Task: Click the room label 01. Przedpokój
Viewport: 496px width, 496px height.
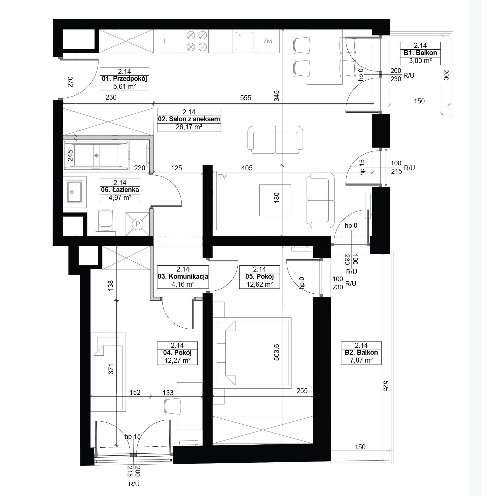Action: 124,79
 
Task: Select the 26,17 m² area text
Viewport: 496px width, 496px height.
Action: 189,127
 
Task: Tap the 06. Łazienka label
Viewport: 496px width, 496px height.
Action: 120,190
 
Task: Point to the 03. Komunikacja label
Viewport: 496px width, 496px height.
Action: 183,277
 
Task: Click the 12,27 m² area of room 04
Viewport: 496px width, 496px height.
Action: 177,360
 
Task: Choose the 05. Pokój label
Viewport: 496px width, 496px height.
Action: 260,277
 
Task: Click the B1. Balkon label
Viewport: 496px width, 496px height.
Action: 420,53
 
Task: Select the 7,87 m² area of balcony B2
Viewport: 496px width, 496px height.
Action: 361,360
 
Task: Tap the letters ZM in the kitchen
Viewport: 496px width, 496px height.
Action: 268,41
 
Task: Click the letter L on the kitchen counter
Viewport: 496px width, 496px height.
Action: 165,41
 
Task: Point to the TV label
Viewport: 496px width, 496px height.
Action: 222,177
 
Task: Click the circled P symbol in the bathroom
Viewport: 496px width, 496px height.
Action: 138,224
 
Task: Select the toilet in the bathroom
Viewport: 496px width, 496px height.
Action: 105,222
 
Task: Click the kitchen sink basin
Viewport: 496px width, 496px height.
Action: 245,41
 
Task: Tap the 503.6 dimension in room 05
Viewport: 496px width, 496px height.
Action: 277,352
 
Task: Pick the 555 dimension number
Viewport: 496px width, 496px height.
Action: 246,98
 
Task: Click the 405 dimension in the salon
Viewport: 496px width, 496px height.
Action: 247,168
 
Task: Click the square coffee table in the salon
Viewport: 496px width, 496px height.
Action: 275,200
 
